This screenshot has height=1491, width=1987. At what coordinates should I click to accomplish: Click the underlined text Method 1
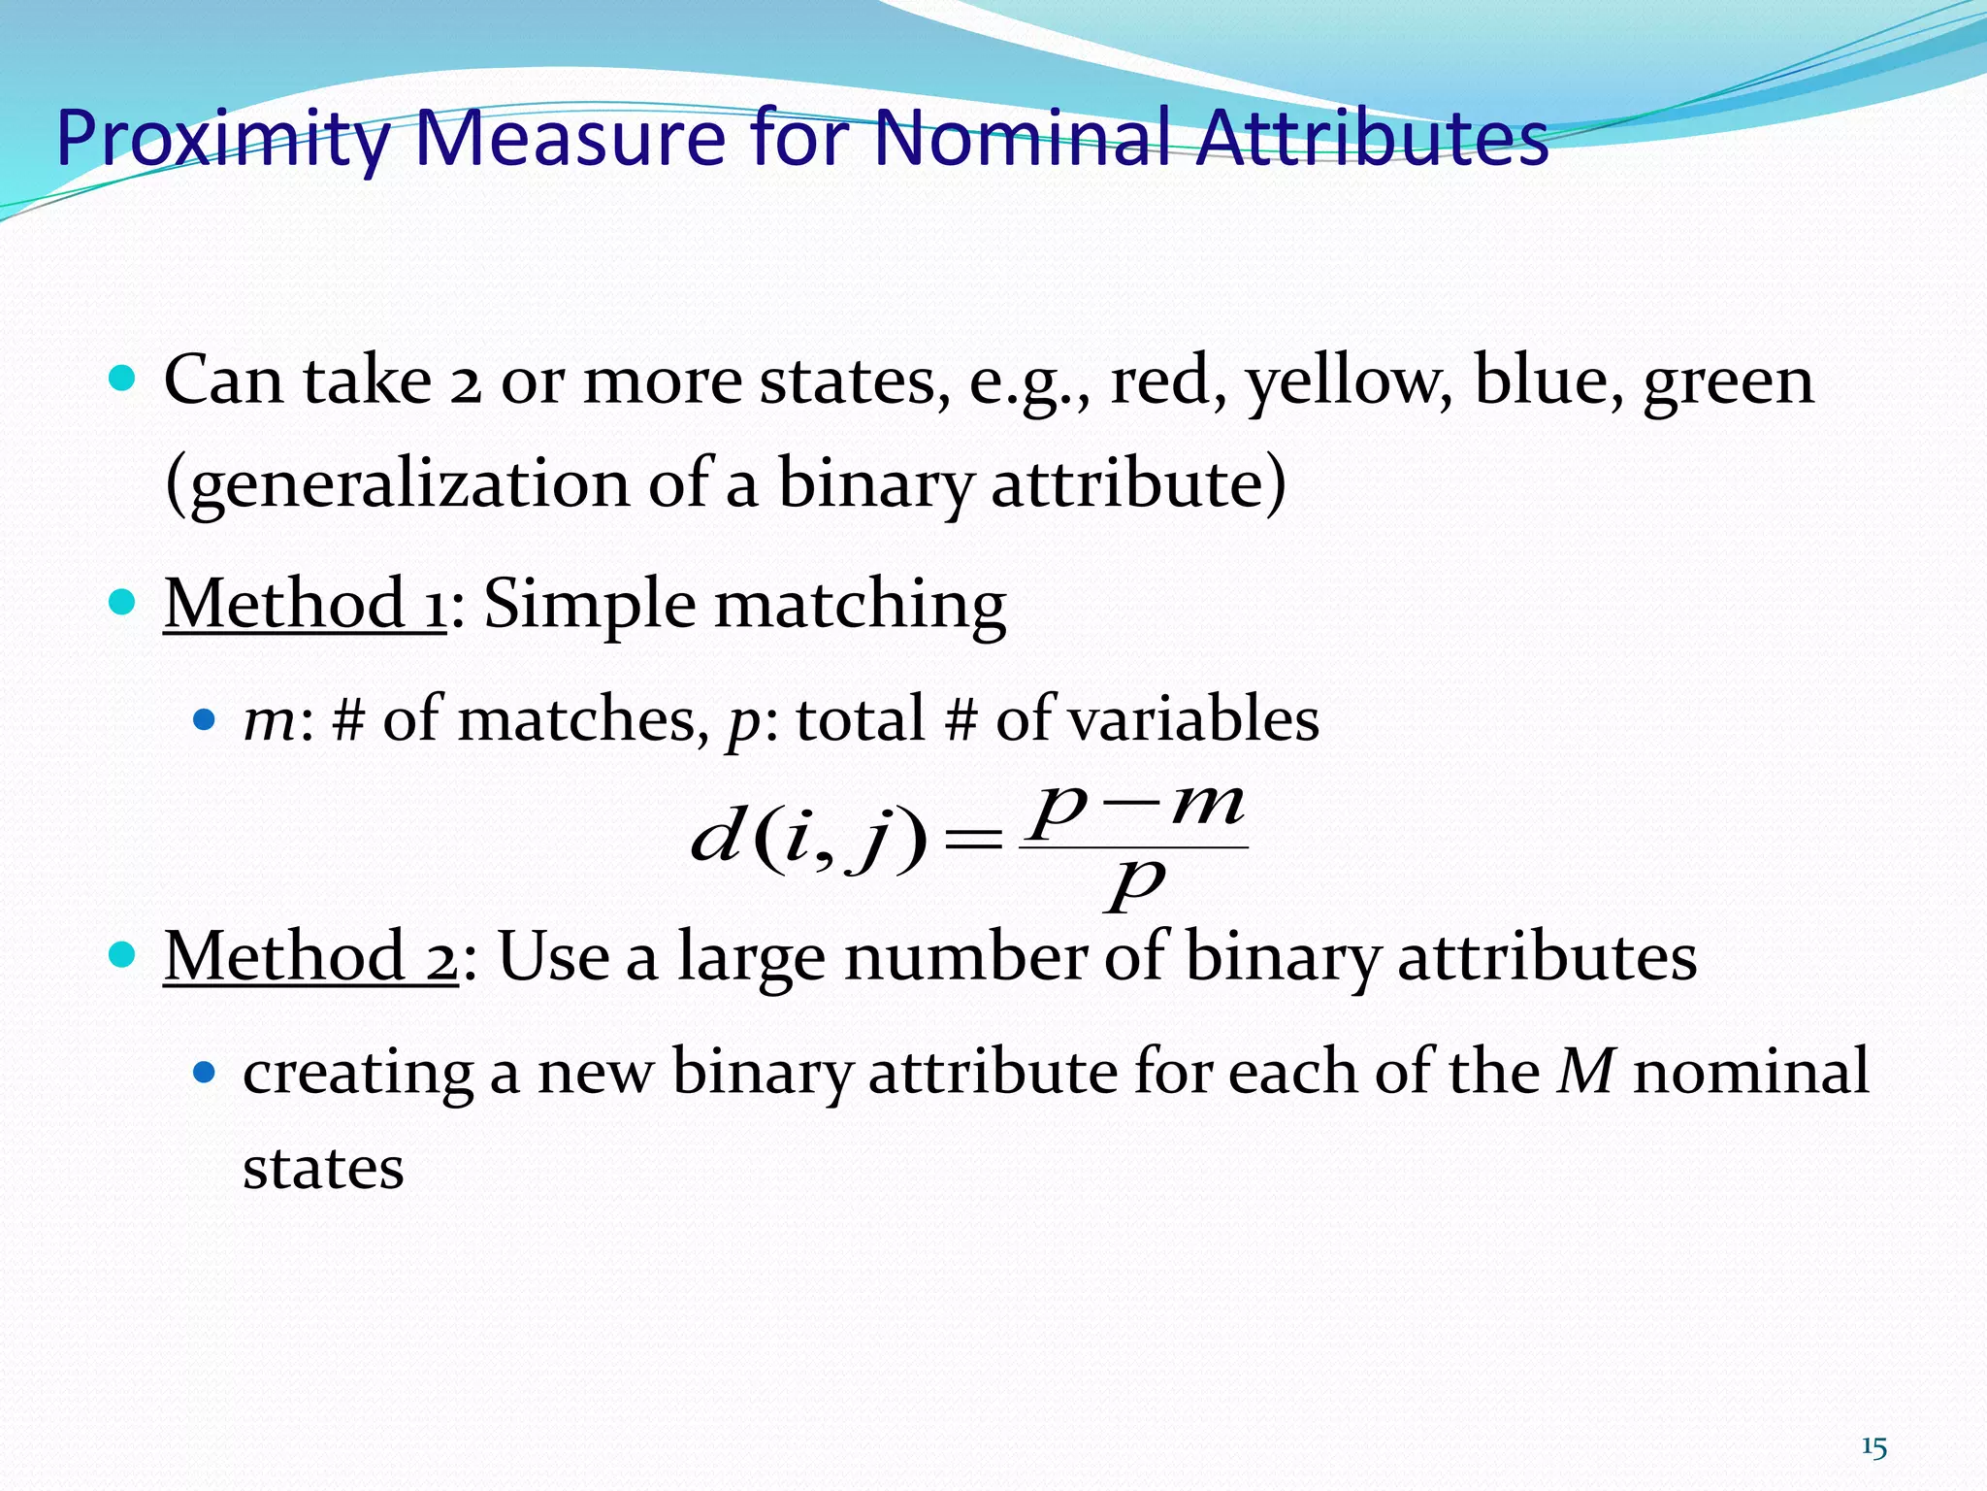click(304, 605)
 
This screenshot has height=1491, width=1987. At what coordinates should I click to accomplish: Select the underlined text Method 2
click(309, 957)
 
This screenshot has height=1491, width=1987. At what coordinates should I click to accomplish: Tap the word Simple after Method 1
click(589, 605)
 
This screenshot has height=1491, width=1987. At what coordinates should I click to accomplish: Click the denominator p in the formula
click(1135, 883)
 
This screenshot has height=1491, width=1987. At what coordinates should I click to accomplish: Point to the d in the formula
click(715, 837)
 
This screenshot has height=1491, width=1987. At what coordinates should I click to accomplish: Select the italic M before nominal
click(1586, 1072)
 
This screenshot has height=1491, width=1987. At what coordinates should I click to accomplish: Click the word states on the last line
click(323, 1168)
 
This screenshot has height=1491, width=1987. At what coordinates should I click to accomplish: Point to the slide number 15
click(1873, 1447)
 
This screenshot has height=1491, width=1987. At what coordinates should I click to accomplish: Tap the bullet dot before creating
click(204, 1073)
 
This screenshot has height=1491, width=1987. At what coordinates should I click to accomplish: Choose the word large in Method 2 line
click(750, 957)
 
